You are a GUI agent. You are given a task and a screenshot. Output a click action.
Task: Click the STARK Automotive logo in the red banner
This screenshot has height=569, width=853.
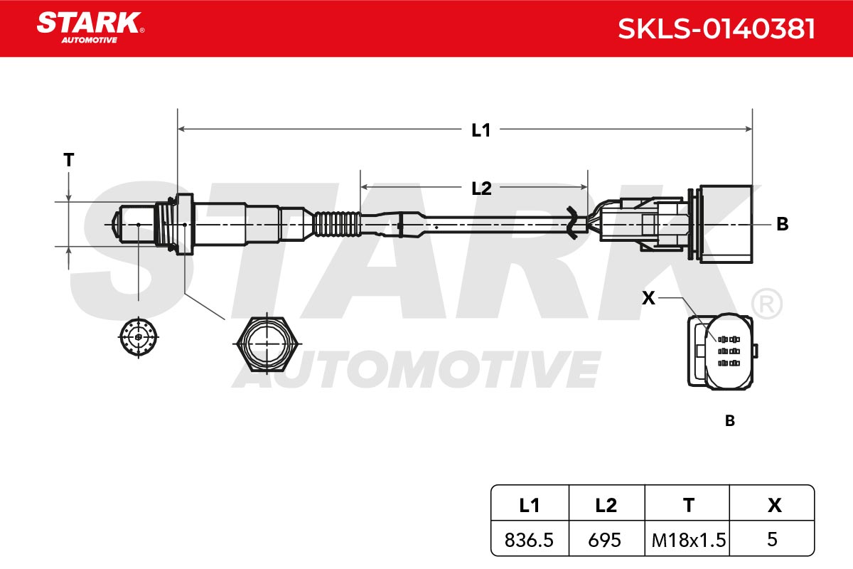[90, 28]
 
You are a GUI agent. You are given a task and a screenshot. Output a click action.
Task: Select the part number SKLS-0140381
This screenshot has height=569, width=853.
[717, 28]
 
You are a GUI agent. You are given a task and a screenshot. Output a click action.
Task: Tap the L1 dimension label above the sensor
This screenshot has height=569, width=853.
[481, 130]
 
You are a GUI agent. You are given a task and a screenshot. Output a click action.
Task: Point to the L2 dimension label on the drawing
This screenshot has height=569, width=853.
[481, 188]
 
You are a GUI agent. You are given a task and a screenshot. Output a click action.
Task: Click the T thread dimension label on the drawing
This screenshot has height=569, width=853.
[68, 160]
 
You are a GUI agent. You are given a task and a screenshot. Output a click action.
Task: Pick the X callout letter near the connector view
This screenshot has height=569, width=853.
[648, 297]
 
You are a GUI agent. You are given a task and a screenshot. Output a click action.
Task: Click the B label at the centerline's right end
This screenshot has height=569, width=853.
[782, 224]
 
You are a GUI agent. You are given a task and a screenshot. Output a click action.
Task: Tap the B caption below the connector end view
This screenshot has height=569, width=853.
[729, 421]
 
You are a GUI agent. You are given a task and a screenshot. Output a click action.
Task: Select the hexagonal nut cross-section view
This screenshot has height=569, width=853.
[267, 344]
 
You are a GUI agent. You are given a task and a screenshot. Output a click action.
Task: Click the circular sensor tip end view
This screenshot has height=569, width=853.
[138, 337]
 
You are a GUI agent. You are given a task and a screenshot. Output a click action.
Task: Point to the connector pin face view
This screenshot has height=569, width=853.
[722, 351]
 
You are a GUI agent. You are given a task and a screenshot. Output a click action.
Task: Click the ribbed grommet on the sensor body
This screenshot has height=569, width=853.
[337, 224]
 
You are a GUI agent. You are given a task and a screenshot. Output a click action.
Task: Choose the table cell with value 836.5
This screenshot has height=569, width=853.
[530, 539]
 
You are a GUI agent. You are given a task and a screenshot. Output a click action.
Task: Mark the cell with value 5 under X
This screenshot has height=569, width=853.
[772, 539]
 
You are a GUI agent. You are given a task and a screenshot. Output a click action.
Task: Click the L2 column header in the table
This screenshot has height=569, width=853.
[606, 506]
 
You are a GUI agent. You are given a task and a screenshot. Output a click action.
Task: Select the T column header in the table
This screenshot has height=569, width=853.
[689, 506]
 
